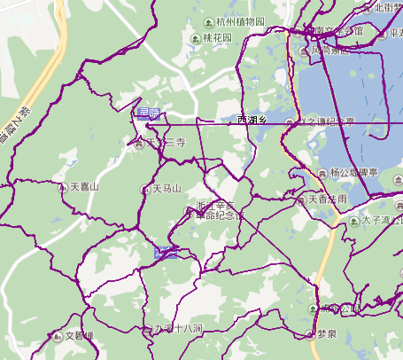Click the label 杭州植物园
coord(240,21)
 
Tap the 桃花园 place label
coord(217,38)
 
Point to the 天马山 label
coord(166,189)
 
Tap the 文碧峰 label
coord(79,336)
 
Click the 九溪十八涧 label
coord(179,328)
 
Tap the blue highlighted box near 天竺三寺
coord(148,113)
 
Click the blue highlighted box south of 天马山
coord(165,252)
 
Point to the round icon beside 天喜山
coord(50,188)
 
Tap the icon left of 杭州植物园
coord(208,21)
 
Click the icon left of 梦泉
coord(308,335)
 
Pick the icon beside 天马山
coord(145,189)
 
